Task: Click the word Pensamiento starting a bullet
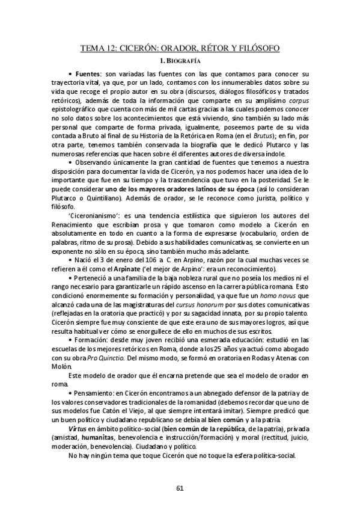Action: [x=97, y=393]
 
